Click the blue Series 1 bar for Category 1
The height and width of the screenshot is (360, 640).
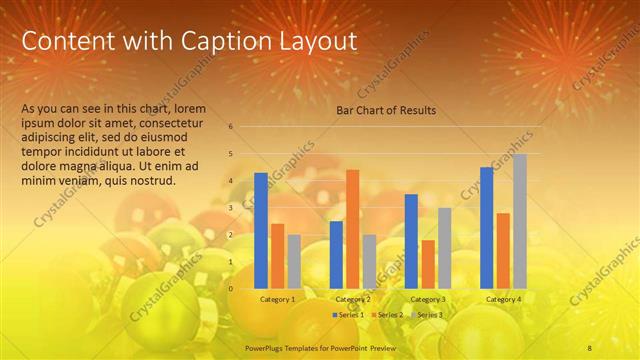[x=261, y=230]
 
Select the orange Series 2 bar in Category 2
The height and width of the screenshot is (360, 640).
[x=353, y=228]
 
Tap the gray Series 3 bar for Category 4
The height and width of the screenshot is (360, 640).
[x=520, y=221]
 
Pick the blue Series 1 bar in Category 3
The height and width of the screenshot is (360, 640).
[x=411, y=241]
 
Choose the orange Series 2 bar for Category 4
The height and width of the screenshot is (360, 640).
[x=503, y=250]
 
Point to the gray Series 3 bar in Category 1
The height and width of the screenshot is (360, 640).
[x=294, y=261]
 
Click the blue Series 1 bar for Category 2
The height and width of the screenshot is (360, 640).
[x=336, y=254]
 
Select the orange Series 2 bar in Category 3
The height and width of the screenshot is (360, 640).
[x=428, y=264]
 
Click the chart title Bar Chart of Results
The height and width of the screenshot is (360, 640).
[x=385, y=110]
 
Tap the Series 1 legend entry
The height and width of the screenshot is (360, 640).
[x=349, y=315]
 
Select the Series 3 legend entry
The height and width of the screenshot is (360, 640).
[x=427, y=315]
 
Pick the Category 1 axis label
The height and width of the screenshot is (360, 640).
[x=277, y=299]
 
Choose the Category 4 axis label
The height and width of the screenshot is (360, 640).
[x=503, y=299]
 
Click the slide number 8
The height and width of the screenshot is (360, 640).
[x=590, y=347]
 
